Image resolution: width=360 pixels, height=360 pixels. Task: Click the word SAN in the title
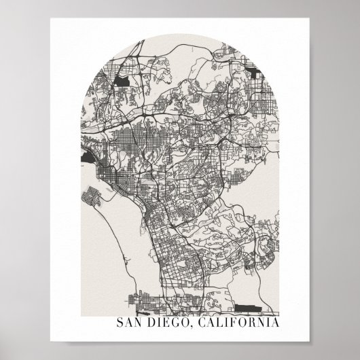(130, 322)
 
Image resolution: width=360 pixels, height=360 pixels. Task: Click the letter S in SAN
(121, 322)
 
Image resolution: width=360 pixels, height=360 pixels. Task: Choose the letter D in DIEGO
(153, 322)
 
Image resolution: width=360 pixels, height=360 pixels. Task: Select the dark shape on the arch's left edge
(88, 158)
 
